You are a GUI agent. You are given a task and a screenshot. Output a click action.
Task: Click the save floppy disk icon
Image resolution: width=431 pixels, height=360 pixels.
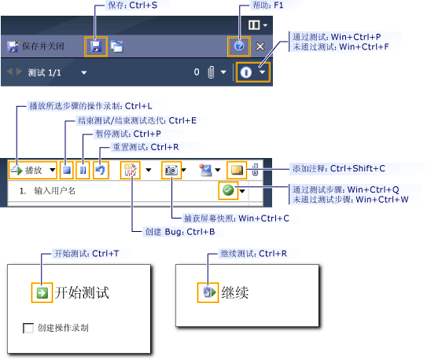point(96,46)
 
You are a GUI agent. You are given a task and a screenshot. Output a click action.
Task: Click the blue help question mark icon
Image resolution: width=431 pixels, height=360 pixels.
point(239,46)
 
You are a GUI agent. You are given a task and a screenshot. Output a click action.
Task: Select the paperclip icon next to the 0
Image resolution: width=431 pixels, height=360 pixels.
point(212,72)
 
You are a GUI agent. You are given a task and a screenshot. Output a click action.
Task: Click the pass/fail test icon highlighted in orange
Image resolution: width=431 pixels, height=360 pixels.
point(247,72)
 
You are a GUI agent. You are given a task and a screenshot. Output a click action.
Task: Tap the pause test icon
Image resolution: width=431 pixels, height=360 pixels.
point(83,170)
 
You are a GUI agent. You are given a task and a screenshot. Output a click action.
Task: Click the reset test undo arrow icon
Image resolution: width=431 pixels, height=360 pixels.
point(100,170)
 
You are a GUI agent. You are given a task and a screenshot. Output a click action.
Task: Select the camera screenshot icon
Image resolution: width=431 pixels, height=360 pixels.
point(170,170)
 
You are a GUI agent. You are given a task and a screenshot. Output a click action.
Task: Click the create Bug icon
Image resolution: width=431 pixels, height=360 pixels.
point(129,170)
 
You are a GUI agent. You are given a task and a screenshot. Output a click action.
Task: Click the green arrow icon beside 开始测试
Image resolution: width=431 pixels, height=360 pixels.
point(41,294)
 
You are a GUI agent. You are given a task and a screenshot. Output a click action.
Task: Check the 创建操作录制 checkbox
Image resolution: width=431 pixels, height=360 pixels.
point(30,327)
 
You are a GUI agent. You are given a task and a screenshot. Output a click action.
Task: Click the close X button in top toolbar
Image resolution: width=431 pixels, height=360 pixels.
point(261,47)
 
